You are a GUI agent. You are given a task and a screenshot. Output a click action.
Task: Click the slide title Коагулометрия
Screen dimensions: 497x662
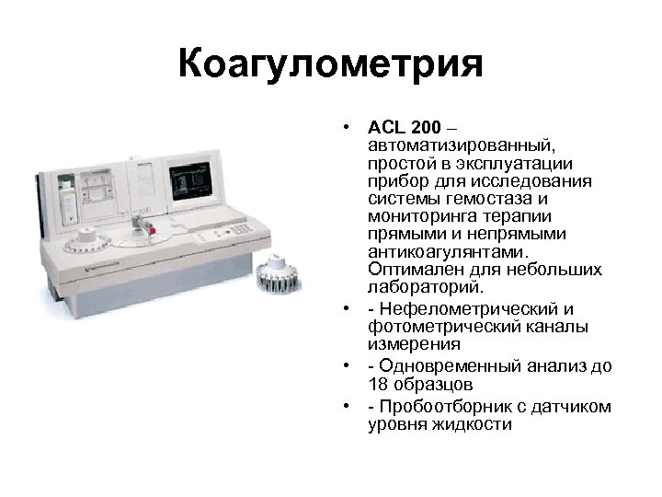331,66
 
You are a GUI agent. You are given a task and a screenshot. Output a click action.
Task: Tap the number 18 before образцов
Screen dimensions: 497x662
376,383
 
